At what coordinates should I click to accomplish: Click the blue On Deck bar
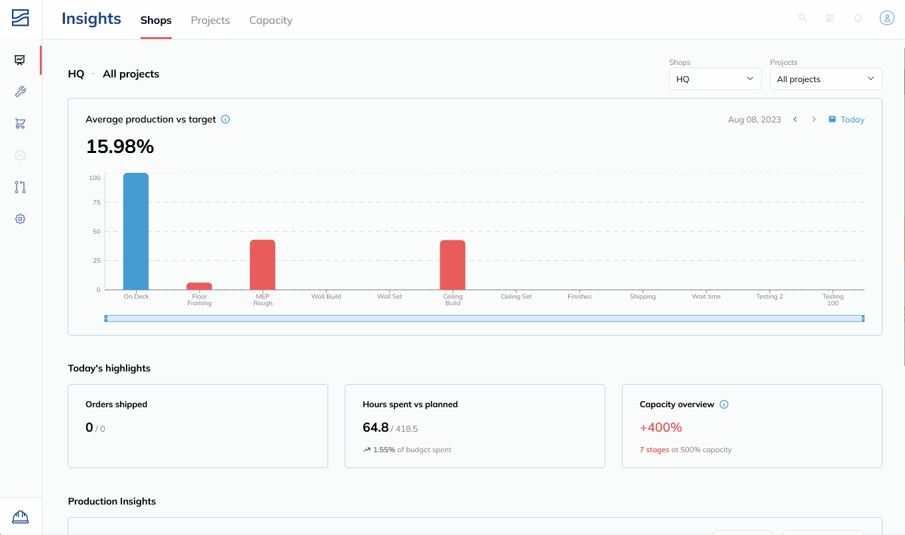coord(136,231)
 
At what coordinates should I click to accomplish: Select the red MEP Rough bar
coord(263,265)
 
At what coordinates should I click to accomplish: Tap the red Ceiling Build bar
coord(452,265)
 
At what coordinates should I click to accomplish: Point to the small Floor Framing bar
coord(199,286)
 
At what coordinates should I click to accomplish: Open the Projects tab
coord(210,20)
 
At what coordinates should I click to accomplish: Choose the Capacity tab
coord(271,20)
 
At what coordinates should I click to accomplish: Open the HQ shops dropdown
coord(715,79)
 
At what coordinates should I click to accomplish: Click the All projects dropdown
coord(826,79)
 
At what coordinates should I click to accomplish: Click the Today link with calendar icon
coord(847,119)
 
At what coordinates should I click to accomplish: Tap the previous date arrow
coord(795,119)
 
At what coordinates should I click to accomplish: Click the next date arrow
coord(814,119)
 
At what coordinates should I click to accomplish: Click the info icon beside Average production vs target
coord(225,119)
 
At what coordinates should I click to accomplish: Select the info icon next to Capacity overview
coord(724,405)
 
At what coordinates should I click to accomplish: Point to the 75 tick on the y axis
coord(96,203)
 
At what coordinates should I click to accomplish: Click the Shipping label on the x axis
coord(643,297)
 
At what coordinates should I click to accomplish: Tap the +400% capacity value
coord(660,427)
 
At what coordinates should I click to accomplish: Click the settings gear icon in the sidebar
coord(20,219)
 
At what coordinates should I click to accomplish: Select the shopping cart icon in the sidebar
coord(20,123)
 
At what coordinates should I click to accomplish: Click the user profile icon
coord(887,18)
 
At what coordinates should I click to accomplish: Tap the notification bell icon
coord(858,18)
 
